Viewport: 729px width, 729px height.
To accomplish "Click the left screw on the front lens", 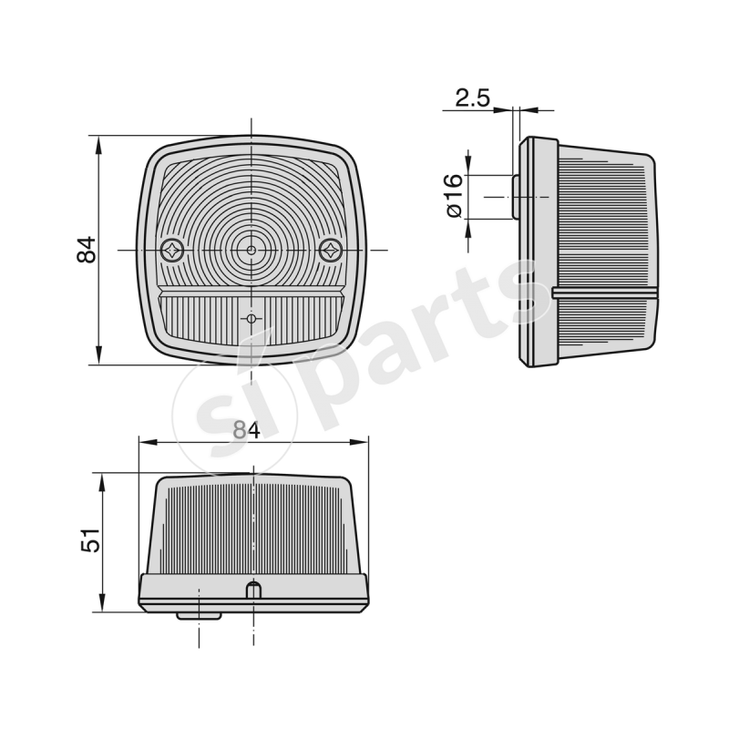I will pos(172,249).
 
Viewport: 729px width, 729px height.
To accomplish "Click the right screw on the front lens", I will pos(330,248).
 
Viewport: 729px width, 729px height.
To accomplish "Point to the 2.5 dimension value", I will pos(473,98).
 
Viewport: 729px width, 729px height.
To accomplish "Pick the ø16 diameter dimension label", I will pos(453,196).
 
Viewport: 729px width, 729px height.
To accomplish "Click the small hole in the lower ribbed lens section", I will pos(251,318).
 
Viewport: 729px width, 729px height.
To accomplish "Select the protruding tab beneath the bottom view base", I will pos(199,615).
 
